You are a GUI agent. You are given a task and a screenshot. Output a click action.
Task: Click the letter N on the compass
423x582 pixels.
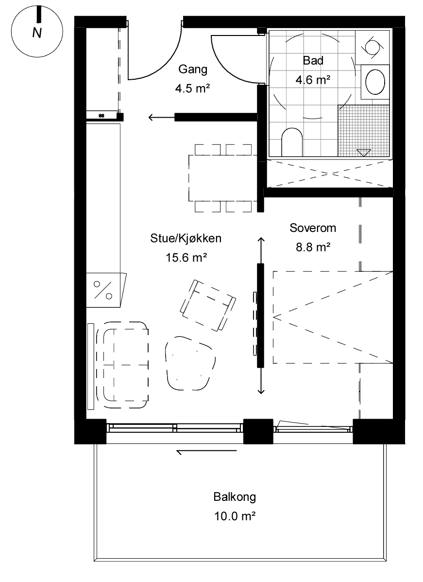(x=37, y=33)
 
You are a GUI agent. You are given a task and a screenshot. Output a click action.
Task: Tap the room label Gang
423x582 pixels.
(x=193, y=70)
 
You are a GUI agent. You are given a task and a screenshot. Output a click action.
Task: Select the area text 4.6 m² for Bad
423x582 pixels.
(x=313, y=79)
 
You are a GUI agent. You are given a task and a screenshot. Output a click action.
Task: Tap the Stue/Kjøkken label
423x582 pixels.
(x=186, y=238)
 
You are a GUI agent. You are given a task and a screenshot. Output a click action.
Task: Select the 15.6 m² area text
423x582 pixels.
(x=186, y=257)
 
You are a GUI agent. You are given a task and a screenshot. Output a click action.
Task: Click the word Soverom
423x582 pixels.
(x=313, y=228)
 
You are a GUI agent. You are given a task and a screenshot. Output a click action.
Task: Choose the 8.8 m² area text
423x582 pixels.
(x=313, y=247)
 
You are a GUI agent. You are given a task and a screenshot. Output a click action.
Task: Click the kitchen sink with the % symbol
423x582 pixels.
(x=105, y=290)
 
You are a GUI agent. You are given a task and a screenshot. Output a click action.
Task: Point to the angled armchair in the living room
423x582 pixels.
(x=208, y=305)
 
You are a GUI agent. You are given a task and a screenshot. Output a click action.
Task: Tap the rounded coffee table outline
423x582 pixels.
(x=190, y=363)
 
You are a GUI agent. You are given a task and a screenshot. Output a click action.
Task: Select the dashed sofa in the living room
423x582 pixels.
(x=122, y=365)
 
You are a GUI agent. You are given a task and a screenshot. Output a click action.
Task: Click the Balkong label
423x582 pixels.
(x=235, y=496)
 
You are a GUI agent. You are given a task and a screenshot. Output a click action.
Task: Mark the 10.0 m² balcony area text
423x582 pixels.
(x=235, y=516)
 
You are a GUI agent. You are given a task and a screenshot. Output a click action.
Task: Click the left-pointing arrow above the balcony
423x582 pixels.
(x=206, y=451)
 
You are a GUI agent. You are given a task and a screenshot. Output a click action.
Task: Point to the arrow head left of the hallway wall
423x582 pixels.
(x=152, y=117)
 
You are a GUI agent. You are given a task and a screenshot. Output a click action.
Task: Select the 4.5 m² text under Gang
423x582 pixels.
(x=193, y=88)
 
